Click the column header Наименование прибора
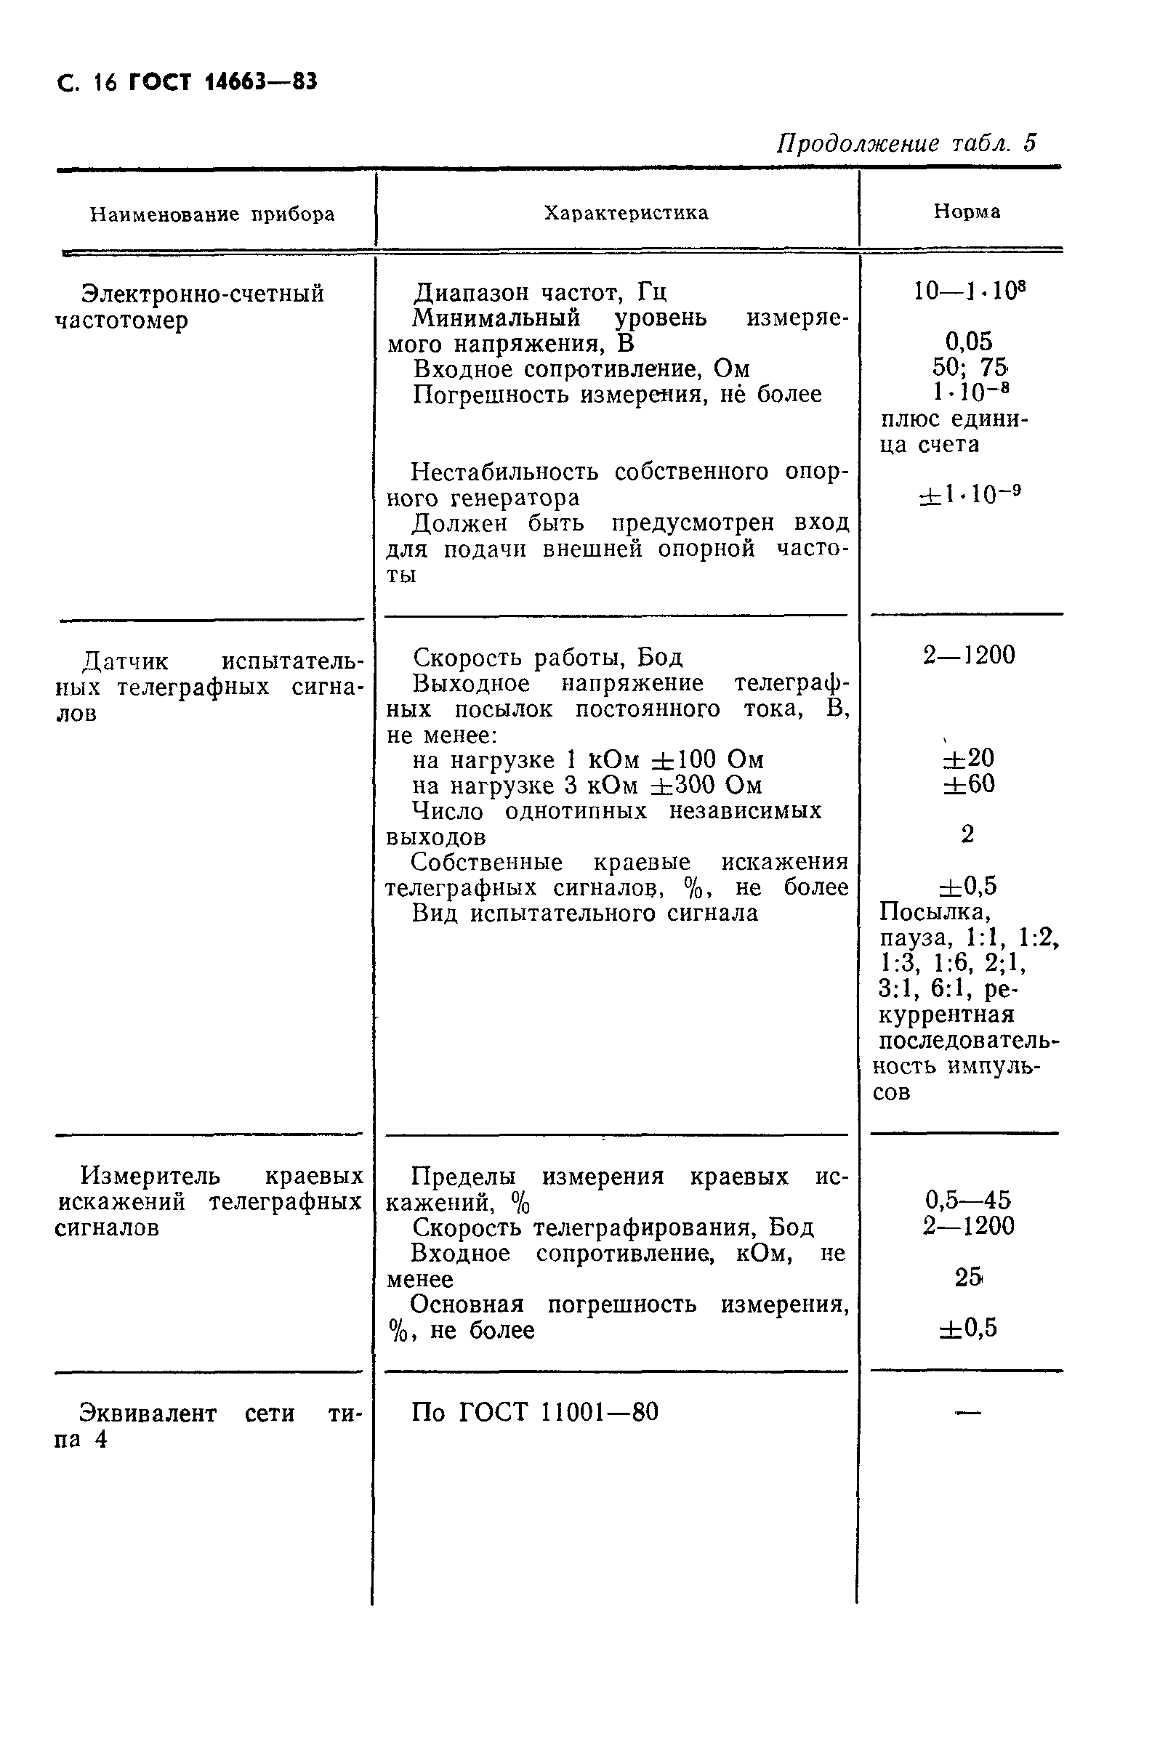[212, 214]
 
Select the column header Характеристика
[626, 213]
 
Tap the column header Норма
[967, 211]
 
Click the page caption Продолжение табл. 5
[906, 142]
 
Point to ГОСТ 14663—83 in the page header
[222, 82]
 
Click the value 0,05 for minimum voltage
[968, 341]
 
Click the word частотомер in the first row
[122, 320]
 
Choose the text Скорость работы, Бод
[547, 657]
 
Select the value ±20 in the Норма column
[968, 757]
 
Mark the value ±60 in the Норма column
[968, 783]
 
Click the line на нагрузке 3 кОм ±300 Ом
[587, 785]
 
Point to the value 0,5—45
[968, 1199]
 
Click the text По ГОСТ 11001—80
[534, 1412]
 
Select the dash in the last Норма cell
[967, 1413]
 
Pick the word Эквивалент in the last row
[148, 1414]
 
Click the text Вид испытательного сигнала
[584, 913]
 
